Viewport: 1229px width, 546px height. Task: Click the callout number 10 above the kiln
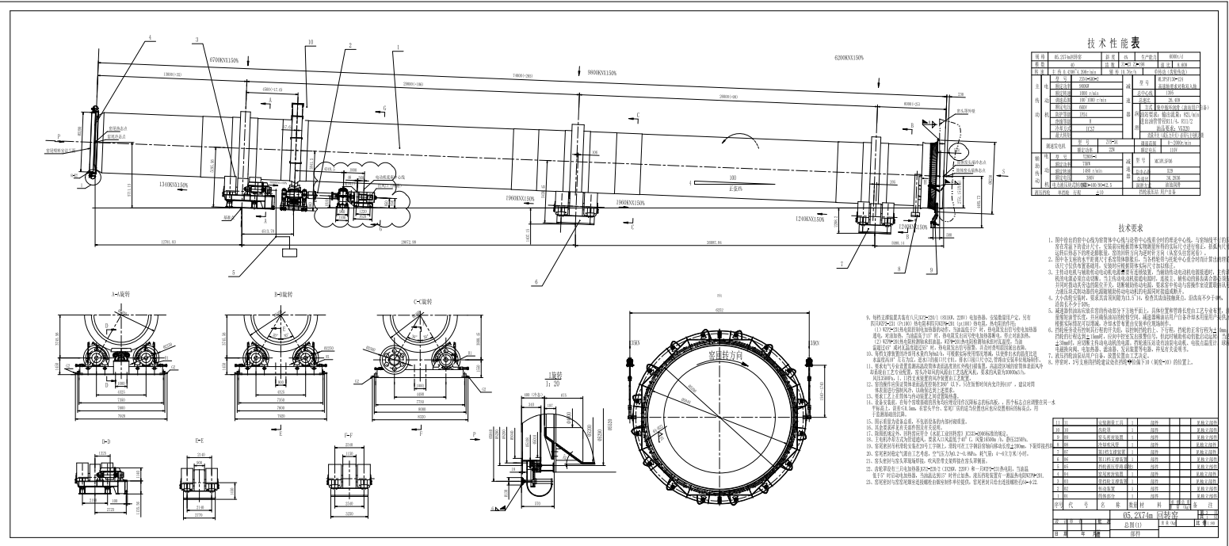click(x=311, y=41)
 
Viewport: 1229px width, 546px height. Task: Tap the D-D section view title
click(x=106, y=437)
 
